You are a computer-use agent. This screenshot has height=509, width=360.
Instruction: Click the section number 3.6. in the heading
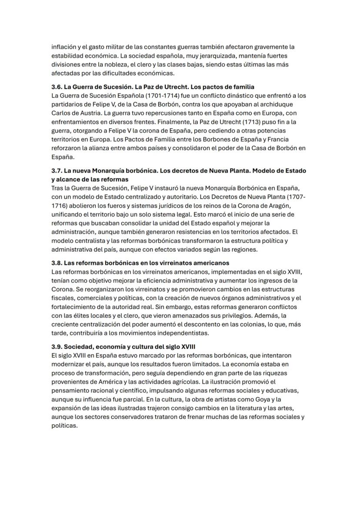click(57, 87)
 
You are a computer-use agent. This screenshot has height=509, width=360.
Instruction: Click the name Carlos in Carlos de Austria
click(61, 113)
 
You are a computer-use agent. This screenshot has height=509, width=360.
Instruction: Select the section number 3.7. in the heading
click(57, 171)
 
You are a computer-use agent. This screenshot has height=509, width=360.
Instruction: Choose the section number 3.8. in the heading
click(57, 263)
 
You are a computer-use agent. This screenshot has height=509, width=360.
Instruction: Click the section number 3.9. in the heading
click(57, 347)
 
